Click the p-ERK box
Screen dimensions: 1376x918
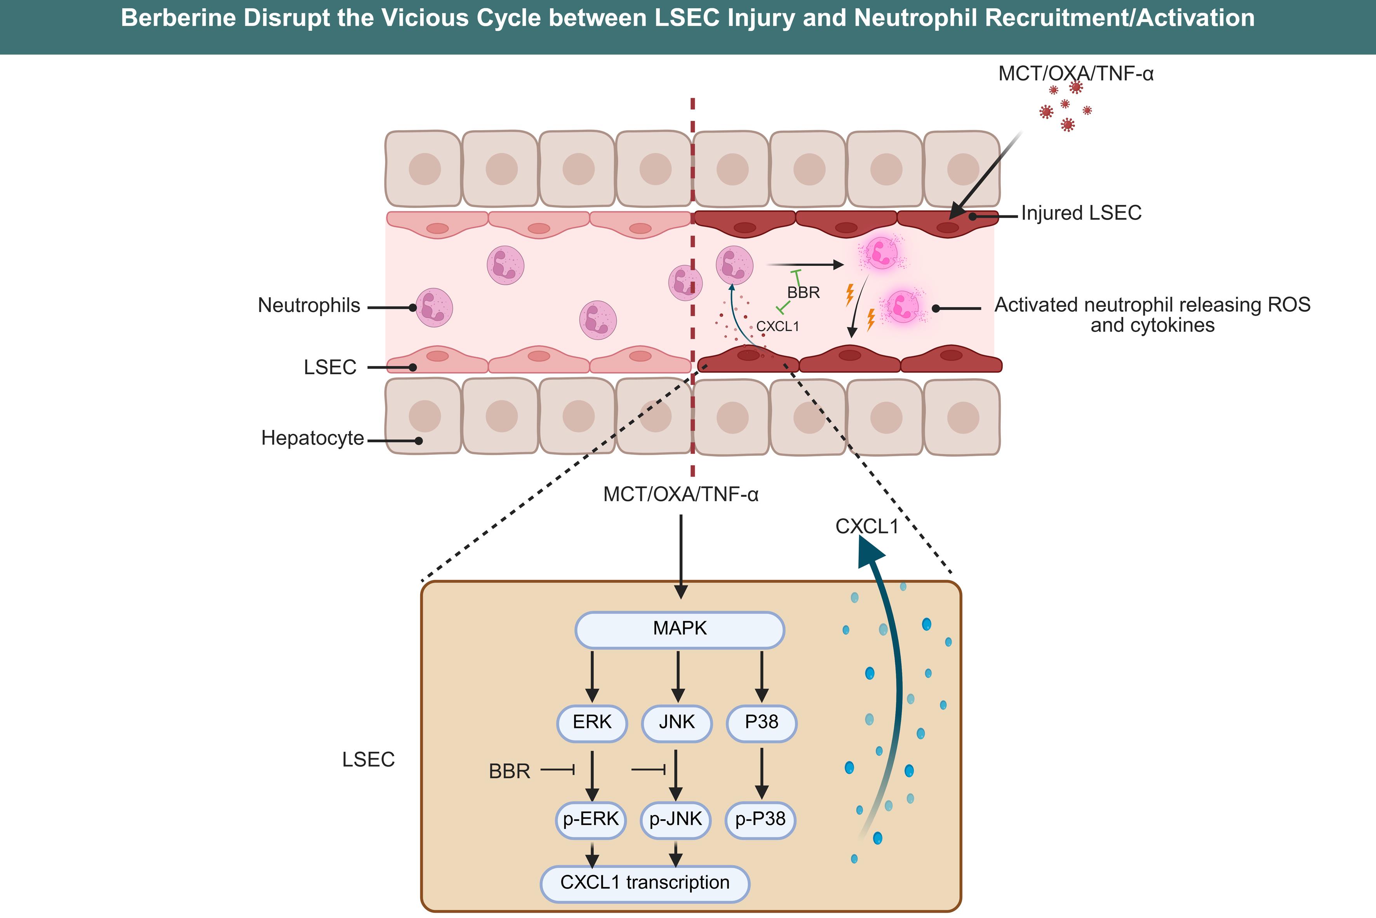[x=591, y=820]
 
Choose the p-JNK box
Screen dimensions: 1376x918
[x=676, y=820]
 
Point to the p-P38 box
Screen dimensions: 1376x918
[x=760, y=820]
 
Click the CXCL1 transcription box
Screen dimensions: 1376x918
[x=645, y=883]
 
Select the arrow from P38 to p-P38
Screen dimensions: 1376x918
[x=761, y=773]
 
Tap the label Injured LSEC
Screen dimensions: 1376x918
[x=1081, y=213]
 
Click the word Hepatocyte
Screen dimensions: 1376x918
[x=312, y=438]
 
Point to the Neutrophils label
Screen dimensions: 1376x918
[x=309, y=305]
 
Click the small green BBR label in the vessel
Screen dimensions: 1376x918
[x=803, y=292]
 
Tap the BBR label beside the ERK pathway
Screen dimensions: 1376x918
[x=510, y=771]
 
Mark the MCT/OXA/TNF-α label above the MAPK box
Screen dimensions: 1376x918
[x=681, y=495]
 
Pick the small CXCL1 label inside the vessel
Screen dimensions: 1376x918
[x=778, y=327]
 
